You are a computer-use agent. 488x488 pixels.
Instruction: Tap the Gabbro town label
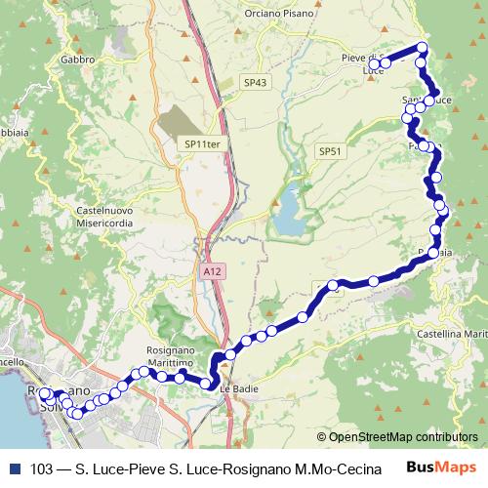pyautogui.click(x=77, y=59)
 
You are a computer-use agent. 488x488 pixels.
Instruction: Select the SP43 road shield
pyautogui.click(x=256, y=83)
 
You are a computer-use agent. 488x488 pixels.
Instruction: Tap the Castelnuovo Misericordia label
pyautogui.click(x=83, y=217)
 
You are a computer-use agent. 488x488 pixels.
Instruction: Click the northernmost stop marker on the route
pyautogui.click(x=422, y=47)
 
